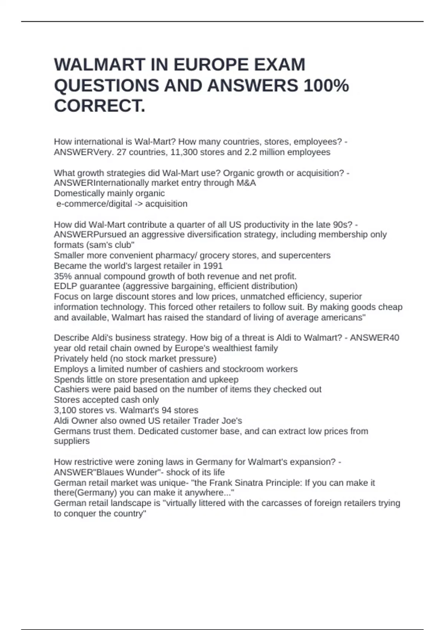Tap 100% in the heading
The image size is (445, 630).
click(x=326, y=86)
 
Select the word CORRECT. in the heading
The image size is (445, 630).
click(x=100, y=106)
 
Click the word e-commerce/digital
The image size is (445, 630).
click(x=94, y=204)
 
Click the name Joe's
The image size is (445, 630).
click(x=231, y=421)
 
